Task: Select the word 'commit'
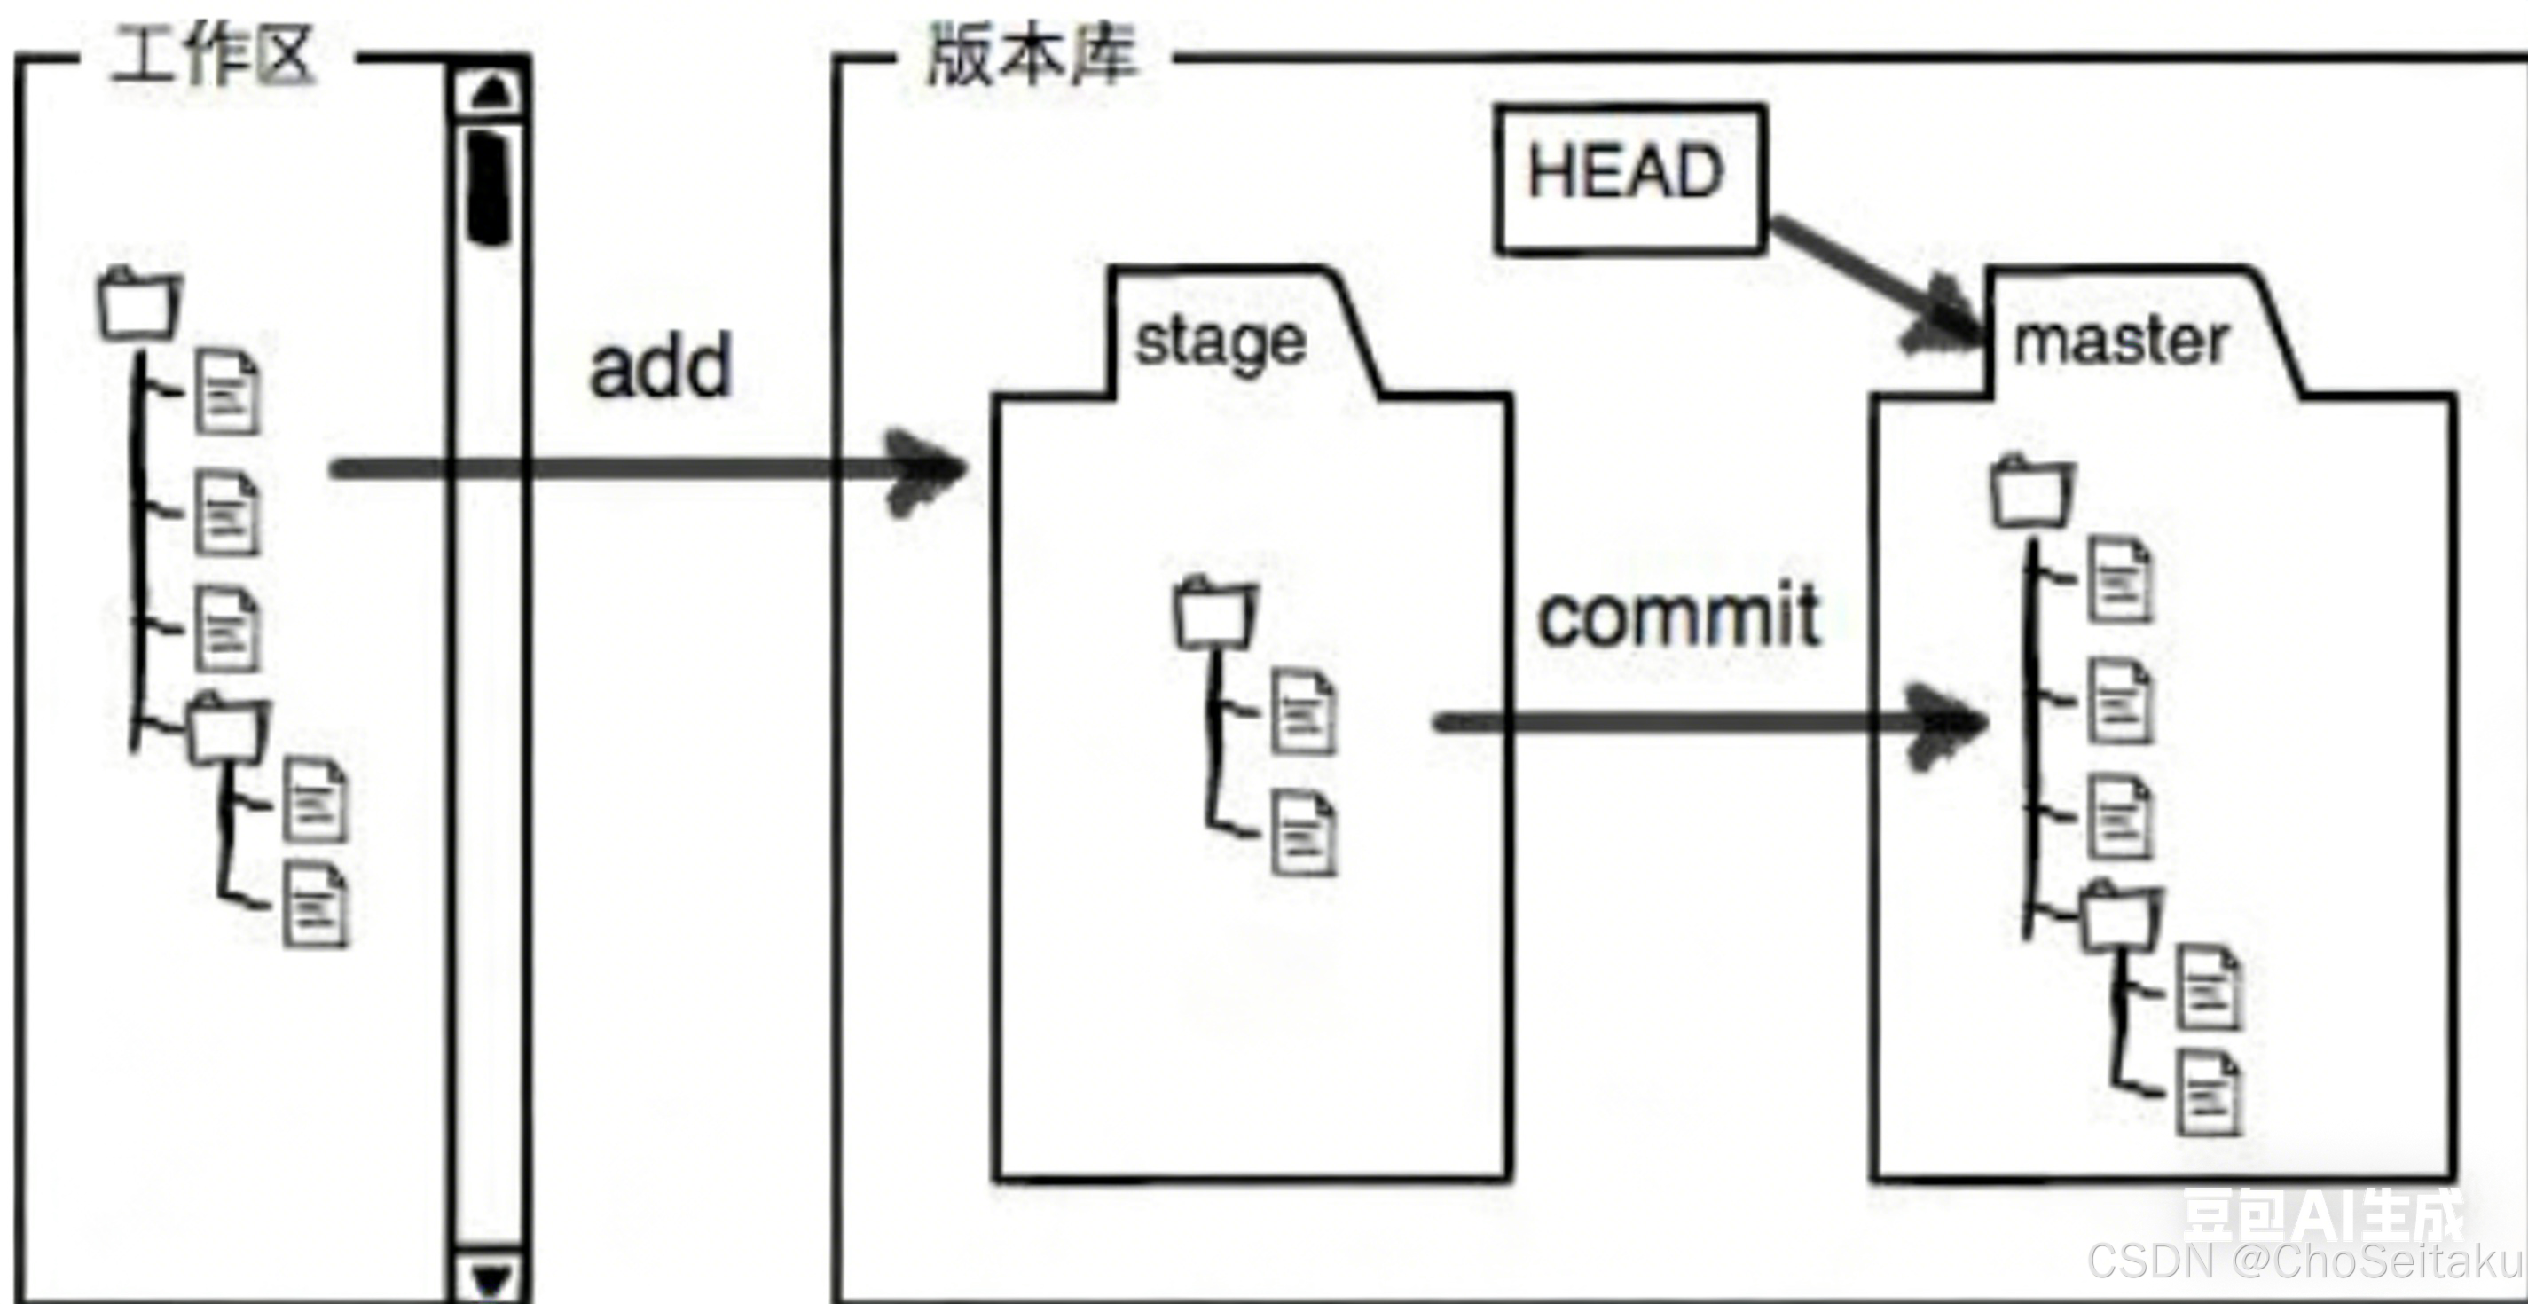[1678, 617]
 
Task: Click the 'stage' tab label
[1220, 342]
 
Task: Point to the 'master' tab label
[2120, 342]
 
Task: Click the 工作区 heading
[213, 56]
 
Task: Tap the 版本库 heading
[1032, 55]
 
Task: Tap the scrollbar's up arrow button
[491, 91]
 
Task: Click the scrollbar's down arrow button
[491, 1277]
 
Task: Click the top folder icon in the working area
[140, 304]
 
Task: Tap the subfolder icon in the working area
[228, 730]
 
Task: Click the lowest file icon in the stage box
[1303, 834]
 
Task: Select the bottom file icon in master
[2209, 1094]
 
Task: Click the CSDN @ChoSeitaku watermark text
[2306, 1261]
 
